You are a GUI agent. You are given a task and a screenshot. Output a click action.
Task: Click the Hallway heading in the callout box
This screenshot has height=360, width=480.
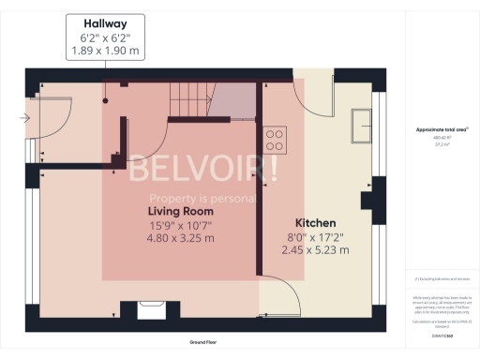[105, 22]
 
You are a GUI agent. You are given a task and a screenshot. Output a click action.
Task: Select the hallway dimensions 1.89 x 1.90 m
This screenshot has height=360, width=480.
[105, 52]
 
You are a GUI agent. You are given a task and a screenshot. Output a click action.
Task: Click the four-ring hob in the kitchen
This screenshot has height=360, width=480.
[276, 139]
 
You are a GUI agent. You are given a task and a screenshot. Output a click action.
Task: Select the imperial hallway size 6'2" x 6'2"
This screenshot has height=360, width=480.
[105, 37]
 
